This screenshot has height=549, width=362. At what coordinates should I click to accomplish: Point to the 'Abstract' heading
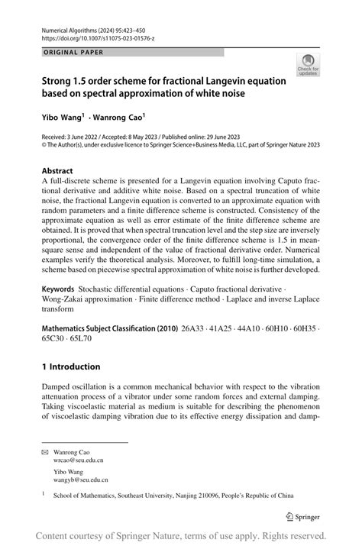(x=57, y=171)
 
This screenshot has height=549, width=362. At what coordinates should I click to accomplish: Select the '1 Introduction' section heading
(x=71, y=367)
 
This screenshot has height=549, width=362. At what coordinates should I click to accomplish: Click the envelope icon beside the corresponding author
(x=44, y=451)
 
